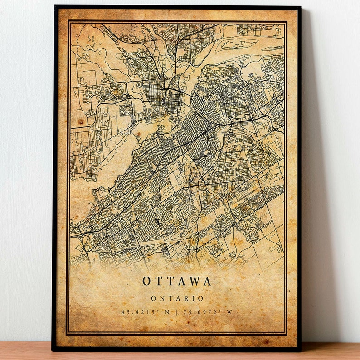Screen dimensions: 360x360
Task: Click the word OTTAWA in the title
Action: point(177,281)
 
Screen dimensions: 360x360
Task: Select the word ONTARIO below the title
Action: point(177,298)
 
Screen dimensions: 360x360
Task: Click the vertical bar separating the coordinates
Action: point(177,312)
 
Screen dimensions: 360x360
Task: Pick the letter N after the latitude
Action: point(166,312)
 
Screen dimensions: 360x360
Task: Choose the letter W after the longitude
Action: point(229,312)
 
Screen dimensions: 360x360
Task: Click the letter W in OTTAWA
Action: point(193,281)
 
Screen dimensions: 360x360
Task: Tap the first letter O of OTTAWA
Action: point(146,281)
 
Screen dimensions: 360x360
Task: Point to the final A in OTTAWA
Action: point(207,281)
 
